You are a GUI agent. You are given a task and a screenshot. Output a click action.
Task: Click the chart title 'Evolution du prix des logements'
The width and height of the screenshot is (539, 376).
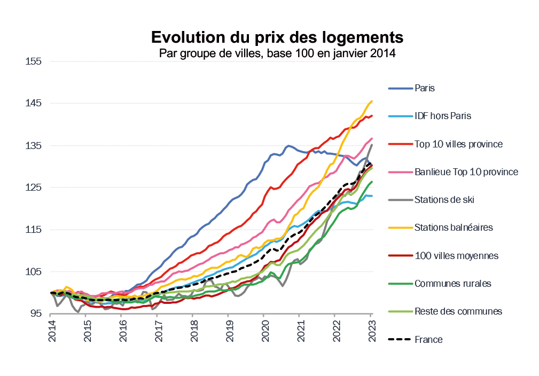tap(277, 37)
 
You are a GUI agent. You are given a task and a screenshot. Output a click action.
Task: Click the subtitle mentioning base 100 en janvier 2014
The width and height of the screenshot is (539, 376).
tap(277, 53)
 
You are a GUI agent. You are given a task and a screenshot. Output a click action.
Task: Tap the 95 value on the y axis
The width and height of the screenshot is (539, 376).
tap(36, 314)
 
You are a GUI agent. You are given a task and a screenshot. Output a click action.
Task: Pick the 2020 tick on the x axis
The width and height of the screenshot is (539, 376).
tap(264, 330)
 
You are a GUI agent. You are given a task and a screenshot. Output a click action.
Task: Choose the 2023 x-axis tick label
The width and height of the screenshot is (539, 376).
tap(371, 330)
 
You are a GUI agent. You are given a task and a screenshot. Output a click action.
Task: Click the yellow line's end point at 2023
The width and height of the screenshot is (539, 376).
tap(372, 101)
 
